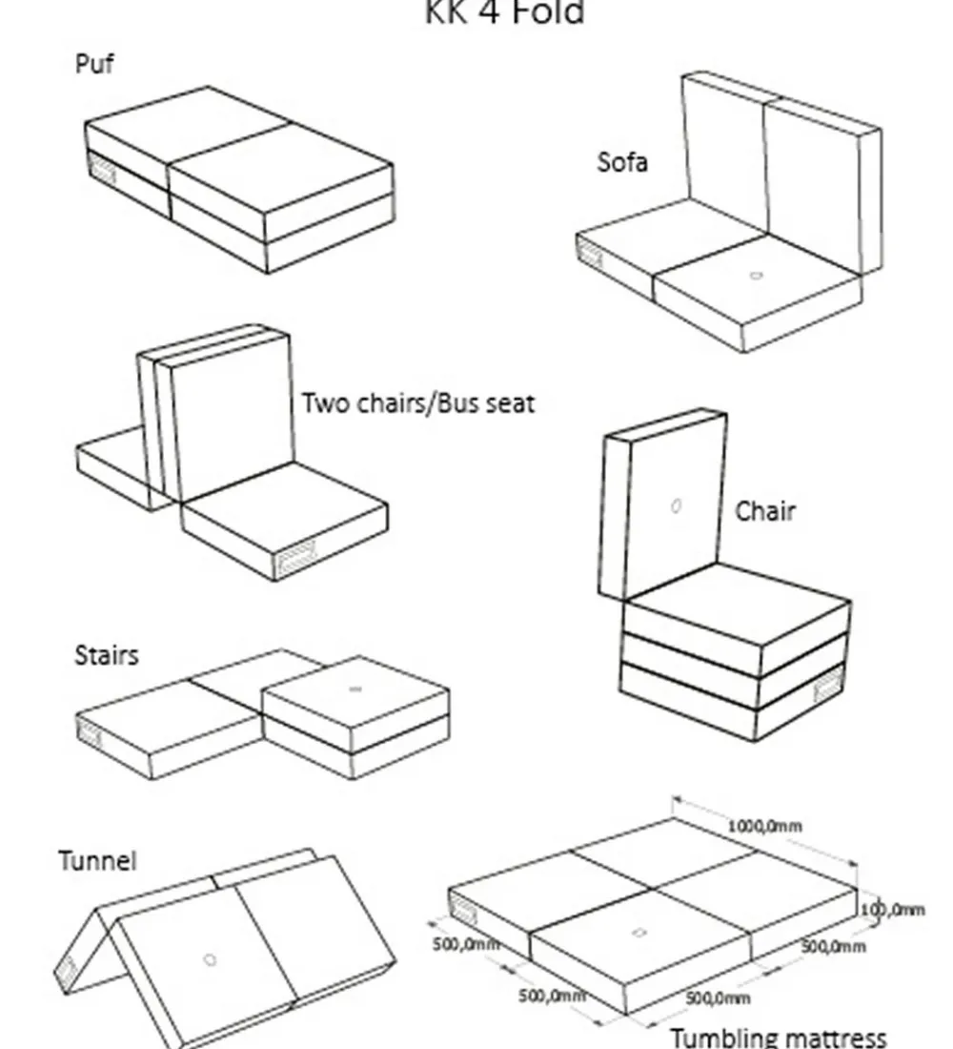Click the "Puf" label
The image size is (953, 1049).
pyautogui.click(x=94, y=65)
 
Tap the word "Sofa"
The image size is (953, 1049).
pyautogui.click(x=622, y=162)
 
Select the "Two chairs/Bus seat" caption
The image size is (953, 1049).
pyautogui.click(x=418, y=402)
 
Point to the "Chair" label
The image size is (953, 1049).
pyautogui.click(x=764, y=511)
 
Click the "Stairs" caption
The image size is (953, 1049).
pyautogui.click(x=106, y=655)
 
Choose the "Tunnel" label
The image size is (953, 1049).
pyautogui.click(x=97, y=861)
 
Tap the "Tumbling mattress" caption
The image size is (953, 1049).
pyautogui.click(x=778, y=1037)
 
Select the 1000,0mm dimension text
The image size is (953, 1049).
pyautogui.click(x=764, y=826)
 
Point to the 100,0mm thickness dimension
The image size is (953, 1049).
pyautogui.click(x=893, y=910)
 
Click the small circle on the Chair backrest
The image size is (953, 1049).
pyautogui.click(x=676, y=505)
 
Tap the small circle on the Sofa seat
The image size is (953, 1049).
pyautogui.click(x=756, y=276)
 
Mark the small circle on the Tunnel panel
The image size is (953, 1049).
pyautogui.click(x=211, y=959)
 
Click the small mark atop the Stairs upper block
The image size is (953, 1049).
pyautogui.click(x=355, y=689)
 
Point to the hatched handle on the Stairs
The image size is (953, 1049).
pyautogui.click(x=90, y=733)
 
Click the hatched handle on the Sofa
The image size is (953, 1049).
pyautogui.click(x=591, y=254)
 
